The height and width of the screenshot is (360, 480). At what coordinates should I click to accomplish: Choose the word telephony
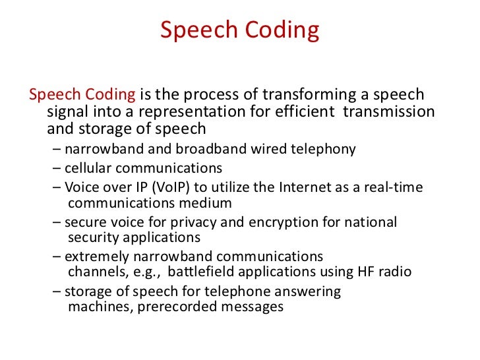pyautogui.click(x=323, y=149)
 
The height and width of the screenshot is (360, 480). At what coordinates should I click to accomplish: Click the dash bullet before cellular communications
pyautogui.click(x=57, y=168)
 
